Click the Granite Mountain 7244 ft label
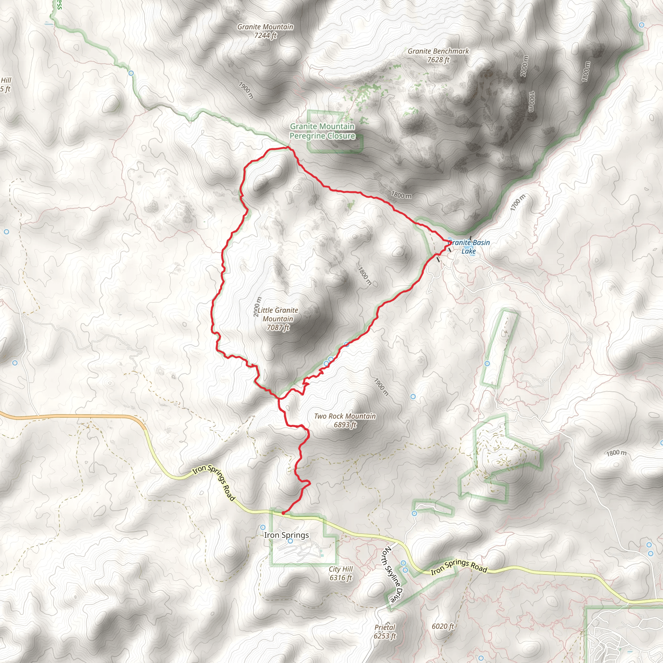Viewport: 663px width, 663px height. click(265, 31)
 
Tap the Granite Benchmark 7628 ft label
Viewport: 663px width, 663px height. click(438, 55)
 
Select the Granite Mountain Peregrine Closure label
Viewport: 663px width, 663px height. click(322, 131)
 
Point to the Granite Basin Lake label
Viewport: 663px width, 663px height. click(469, 247)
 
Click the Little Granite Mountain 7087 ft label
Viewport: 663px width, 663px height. click(278, 319)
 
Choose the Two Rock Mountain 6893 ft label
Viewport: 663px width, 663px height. click(345, 421)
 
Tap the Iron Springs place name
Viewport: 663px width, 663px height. click(287, 535)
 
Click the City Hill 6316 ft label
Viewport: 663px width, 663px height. click(341, 573)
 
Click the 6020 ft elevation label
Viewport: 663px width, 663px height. click(443, 626)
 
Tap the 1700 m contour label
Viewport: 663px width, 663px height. click(518, 203)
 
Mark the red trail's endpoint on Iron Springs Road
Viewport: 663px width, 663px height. click(283, 513)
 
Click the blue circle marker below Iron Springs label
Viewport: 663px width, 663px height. click(290, 541)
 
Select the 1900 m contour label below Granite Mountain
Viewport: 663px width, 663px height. click(246, 91)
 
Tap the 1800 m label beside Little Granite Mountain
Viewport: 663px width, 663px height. click(365, 276)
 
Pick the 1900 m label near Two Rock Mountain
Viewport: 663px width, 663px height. click(381, 388)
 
